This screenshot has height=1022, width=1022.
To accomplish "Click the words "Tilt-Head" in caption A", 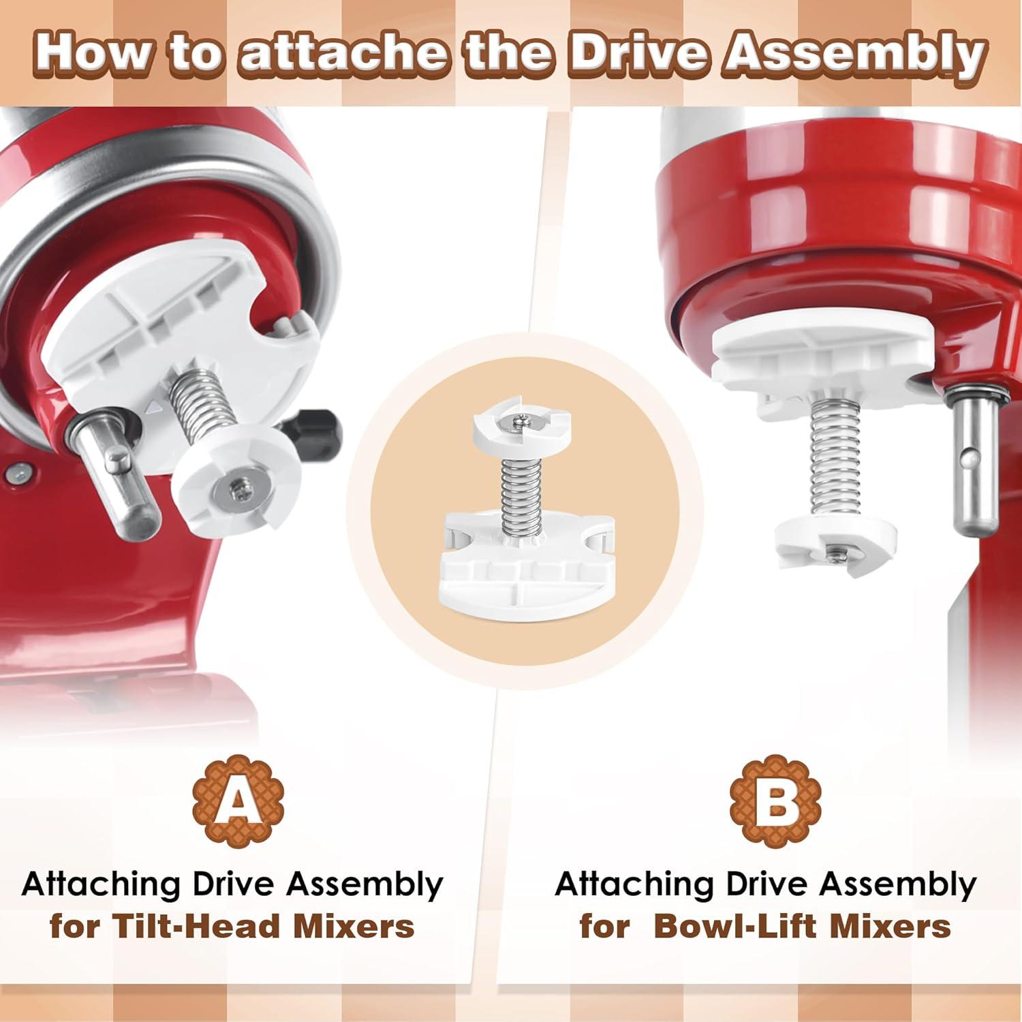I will pos(194,926).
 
